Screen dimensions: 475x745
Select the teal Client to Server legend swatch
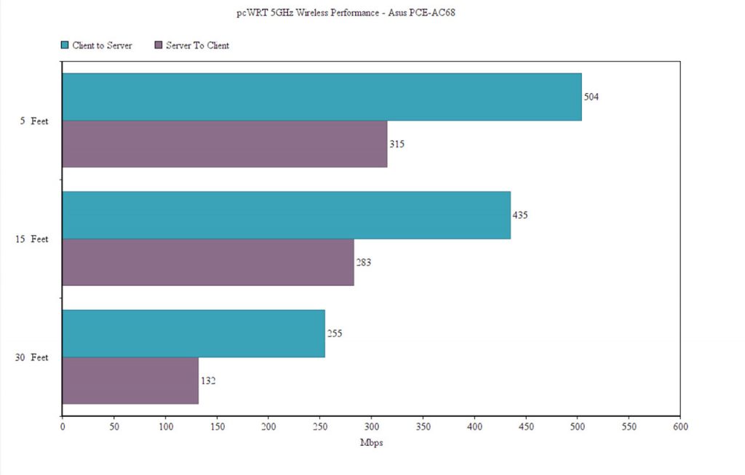pos(65,45)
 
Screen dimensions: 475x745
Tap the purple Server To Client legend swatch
pos(159,45)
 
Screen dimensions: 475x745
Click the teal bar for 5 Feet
pos(322,97)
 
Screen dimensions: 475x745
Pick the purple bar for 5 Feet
pos(224,144)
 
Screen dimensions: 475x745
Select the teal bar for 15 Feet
pos(286,215)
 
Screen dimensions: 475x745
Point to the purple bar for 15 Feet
pos(207,262)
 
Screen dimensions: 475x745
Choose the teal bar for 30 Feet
pos(193,333)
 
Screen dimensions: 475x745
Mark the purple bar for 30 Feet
pos(130,380)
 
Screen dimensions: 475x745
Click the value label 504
pos(591,97)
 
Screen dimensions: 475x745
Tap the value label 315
pos(397,144)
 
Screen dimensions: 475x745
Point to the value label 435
pos(519,215)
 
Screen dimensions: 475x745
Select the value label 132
pos(207,380)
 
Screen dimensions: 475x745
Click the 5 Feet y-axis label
pos(34,121)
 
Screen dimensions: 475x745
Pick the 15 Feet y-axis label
pos(32,239)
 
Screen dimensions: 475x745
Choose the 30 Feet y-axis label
pos(32,357)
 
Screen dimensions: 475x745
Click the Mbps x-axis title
pos(371,442)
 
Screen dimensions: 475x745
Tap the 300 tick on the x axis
pos(371,426)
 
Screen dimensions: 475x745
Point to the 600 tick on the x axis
pos(680,426)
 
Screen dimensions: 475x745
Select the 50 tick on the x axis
pos(113,426)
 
